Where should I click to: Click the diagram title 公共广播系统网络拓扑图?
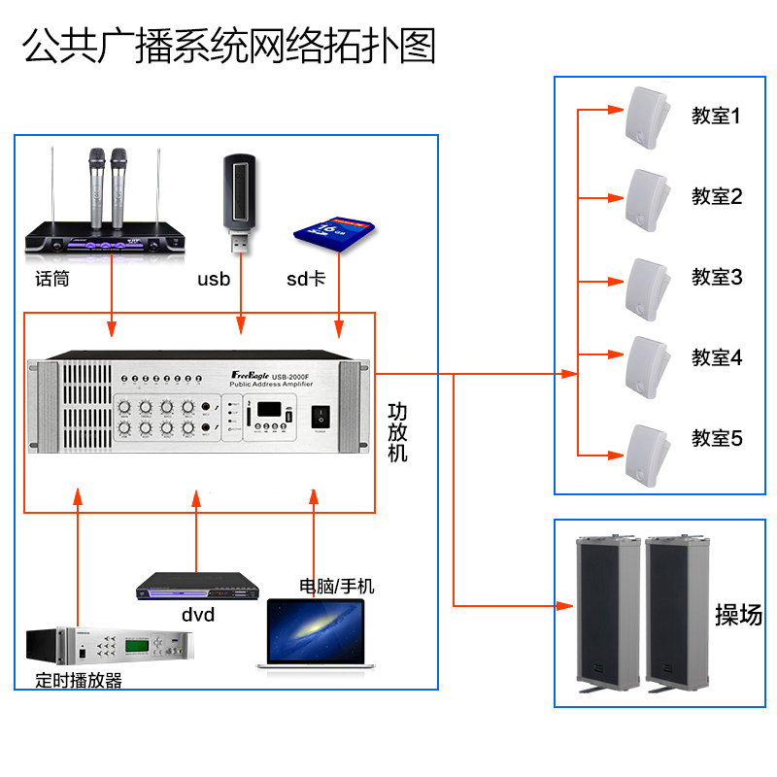pos(229,46)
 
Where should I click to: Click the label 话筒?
pos(52,279)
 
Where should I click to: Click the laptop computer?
pos(316,633)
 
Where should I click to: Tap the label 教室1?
pos(717,117)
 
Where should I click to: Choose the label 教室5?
pos(717,438)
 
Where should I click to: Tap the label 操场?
pos(738,614)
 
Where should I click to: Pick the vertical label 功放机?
pos(397,433)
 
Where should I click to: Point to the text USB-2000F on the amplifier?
pos(291,377)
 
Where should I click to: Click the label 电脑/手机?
pos(336,587)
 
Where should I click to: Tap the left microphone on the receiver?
pos(96,185)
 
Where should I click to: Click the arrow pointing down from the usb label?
pos(241,321)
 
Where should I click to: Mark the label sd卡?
pos(305,280)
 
